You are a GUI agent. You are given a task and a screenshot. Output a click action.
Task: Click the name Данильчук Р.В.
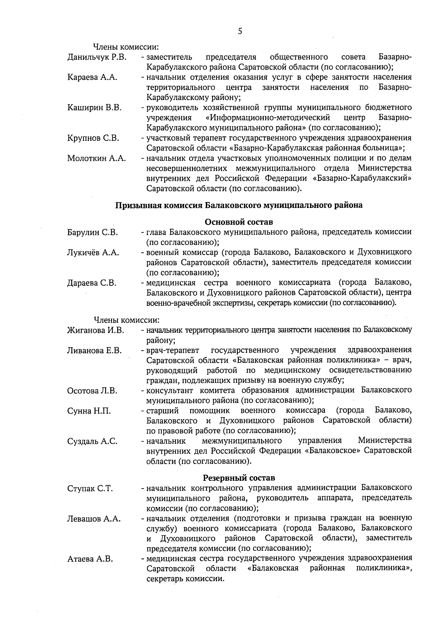click(97, 57)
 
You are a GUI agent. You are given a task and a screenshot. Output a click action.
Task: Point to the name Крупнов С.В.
click(93, 138)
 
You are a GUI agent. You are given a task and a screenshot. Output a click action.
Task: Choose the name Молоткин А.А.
click(96, 159)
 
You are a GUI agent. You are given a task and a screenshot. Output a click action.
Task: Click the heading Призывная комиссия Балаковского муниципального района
click(239, 205)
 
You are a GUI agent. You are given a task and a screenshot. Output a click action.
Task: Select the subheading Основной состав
click(239, 222)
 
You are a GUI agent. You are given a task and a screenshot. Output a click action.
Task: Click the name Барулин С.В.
click(92, 232)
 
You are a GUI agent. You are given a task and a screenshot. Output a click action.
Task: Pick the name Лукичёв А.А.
click(93, 253)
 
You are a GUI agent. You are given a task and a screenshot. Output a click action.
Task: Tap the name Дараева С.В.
click(92, 283)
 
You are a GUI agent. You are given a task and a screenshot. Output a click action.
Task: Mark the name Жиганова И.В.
click(96, 330)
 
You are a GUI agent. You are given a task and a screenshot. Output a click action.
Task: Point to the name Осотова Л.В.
click(92, 391)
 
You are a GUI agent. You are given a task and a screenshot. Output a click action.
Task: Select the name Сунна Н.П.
click(89, 411)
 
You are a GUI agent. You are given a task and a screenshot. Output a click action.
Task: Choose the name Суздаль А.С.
click(92, 441)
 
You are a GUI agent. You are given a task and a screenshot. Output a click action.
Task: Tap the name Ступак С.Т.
click(90, 489)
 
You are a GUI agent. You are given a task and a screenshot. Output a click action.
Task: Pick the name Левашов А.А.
click(94, 519)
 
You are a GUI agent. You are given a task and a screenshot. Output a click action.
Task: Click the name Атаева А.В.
click(90, 559)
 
